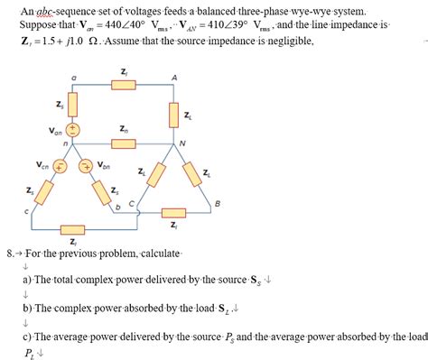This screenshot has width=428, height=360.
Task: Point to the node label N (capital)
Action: coord(183,143)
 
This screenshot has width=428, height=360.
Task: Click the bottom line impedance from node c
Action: coord(72,228)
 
